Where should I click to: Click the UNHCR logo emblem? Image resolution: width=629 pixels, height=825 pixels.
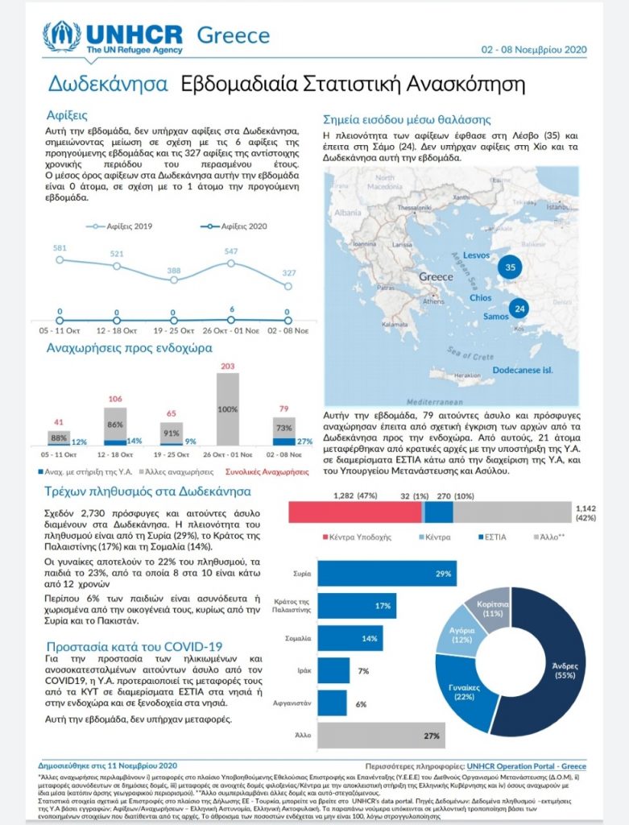[x=61, y=37]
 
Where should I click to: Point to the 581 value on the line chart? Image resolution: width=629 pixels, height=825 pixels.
[x=60, y=248]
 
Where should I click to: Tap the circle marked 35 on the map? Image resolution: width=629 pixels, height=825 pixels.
[x=509, y=267]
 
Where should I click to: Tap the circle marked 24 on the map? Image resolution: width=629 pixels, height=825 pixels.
[x=519, y=309]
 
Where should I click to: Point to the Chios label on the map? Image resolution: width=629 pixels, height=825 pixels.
[x=481, y=297]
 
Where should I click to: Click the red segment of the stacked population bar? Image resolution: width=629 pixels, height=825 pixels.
[x=355, y=513]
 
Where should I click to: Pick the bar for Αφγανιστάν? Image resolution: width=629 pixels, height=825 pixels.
[x=332, y=703]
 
